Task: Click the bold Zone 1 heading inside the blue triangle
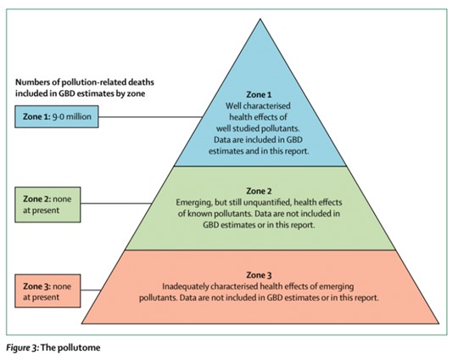[259, 95]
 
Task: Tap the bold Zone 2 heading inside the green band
[259, 191]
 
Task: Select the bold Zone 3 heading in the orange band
[259, 275]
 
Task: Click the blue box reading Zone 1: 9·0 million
[57, 116]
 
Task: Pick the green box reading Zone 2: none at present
[47, 205]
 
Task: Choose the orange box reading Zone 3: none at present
[47, 291]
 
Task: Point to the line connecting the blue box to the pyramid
[150, 117]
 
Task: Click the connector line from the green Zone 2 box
[116, 203]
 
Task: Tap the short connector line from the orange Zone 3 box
[91, 290]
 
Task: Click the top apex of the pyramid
[260, 19]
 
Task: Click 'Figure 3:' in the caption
[22, 348]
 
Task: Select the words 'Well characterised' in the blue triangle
[258, 105]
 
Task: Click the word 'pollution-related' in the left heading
[92, 82]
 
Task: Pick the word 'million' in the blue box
[78, 116]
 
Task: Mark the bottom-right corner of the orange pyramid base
[439, 323]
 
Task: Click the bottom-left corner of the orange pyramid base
[81, 323]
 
